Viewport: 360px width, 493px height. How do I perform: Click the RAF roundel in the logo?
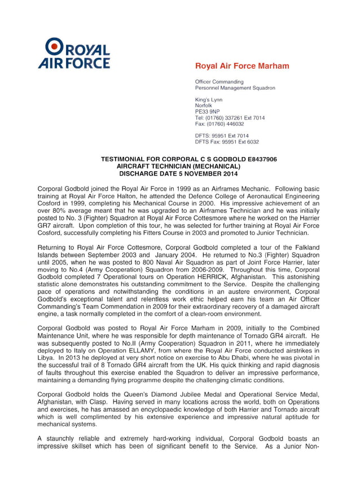pyautogui.click(x=55, y=45)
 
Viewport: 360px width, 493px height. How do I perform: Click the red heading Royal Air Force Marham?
pyautogui.click(x=242, y=66)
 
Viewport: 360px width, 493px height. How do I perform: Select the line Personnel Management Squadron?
pyautogui.click(x=235, y=88)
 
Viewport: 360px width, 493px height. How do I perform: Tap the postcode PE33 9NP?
pyautogui.click(x=207, y=112)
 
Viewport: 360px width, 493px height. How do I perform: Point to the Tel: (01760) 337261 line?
pyautogui.click(x=229, y=118)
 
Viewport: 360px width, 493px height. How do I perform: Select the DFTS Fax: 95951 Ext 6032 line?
pyautogui.click(x=227, y=142)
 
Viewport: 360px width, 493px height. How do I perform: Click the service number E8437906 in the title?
pyautogui.click(x=257, y=160)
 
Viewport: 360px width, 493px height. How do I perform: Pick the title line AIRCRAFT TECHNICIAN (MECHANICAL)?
pyautogui.click(x=178, y=167)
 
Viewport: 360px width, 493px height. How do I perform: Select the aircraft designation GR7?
pyautogui.click(x=45, y=225)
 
